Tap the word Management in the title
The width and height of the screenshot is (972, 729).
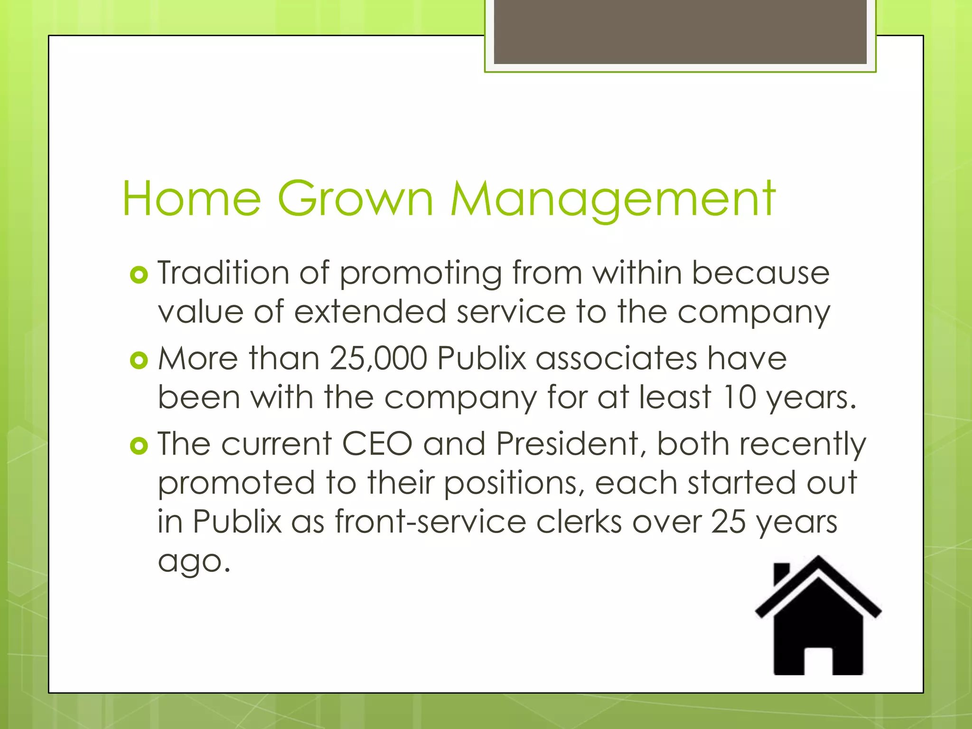click(612, 199)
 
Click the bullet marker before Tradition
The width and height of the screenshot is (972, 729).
click(139, 275)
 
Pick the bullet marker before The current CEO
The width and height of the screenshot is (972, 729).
click(139, 446)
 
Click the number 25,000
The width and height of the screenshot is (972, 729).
click(378, 358)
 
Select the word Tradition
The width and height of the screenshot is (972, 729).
click(223, 273)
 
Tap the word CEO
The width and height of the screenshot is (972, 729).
click(377, 444)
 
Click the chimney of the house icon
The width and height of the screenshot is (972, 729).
click(781, 573)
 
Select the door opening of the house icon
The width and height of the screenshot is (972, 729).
click(818, 661)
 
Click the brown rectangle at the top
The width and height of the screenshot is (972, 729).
click(680, 32)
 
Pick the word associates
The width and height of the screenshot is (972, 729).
click(617, 358)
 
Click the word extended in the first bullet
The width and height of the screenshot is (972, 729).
click(370, 312)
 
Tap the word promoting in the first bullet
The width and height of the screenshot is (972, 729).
click(421, 275)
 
